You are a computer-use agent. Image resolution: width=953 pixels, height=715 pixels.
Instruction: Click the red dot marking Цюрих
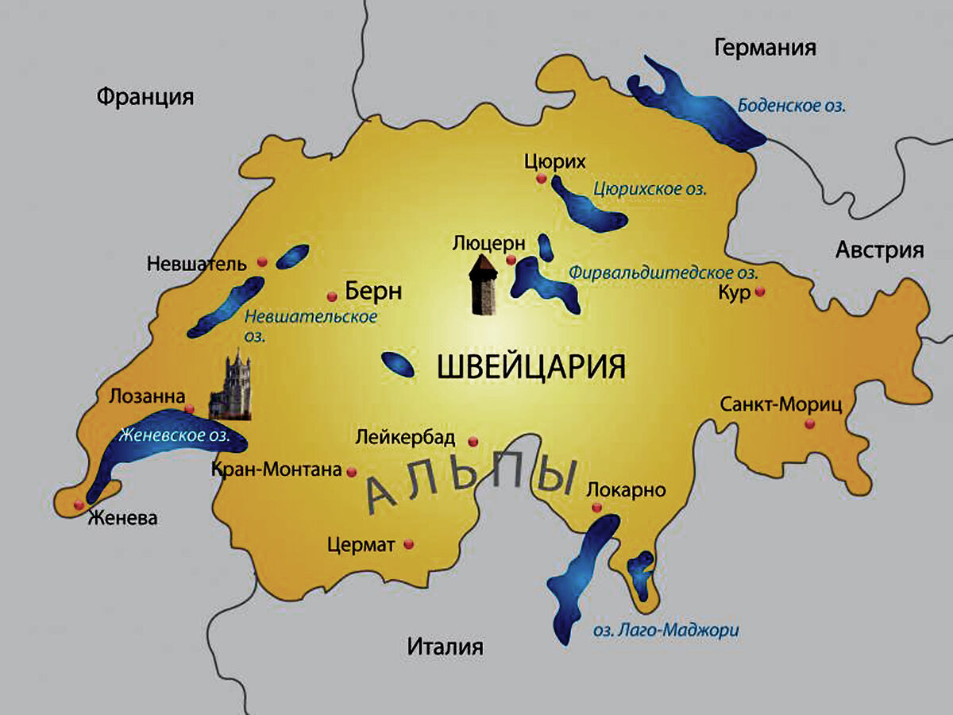coord(542,179)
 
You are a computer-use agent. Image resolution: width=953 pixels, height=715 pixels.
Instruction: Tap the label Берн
coord(373,292)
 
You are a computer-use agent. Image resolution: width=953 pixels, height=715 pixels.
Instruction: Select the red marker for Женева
coord(79,504)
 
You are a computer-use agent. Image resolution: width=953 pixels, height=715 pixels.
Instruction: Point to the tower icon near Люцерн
coord(483,286)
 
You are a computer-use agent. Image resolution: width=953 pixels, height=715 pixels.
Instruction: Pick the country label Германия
coord(765,48)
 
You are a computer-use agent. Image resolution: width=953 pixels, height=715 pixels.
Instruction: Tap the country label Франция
coord(145,97)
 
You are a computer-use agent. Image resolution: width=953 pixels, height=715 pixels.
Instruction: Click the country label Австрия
coord(879,250)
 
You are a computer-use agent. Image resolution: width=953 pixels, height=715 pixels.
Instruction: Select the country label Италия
coord(445,646)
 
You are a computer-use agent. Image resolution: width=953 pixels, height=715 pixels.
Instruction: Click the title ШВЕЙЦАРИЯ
coord(532,367)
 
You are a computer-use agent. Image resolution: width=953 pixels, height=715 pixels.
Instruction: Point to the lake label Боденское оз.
coord(791,105)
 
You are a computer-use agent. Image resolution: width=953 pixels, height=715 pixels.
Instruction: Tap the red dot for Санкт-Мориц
coord(809,423)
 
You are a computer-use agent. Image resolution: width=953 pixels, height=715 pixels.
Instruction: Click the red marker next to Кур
coord(760,292)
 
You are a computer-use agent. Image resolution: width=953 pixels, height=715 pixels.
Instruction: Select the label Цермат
coord(361,545)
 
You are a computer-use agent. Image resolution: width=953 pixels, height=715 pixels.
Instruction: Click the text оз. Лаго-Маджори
coord(666,631)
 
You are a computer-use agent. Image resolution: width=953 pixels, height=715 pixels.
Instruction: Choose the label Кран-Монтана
coord(276,470)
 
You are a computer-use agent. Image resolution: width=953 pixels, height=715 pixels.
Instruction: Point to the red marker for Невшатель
coord(262,261)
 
